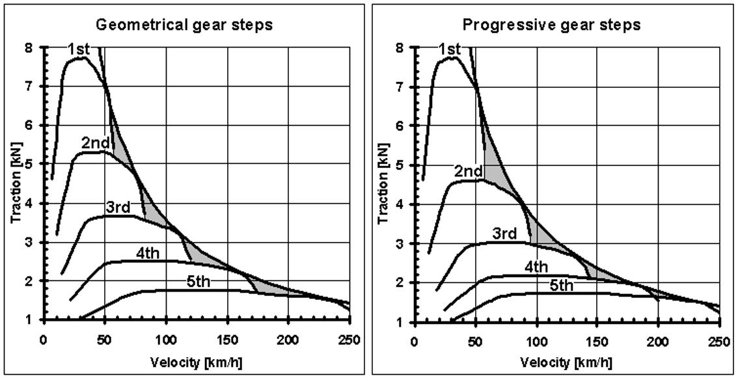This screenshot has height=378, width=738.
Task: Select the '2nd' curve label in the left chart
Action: click(95, 142)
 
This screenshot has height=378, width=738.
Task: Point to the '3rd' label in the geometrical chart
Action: click(118, 208)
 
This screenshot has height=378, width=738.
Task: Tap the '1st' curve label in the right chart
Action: click(450, 49)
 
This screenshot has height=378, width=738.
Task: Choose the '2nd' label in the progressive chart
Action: click(468, 171)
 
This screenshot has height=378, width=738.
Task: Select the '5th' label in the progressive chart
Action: click(560, 285)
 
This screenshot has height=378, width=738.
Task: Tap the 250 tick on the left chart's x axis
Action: click(349, 338)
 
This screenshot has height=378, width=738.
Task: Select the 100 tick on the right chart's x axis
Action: click(536, 338)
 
